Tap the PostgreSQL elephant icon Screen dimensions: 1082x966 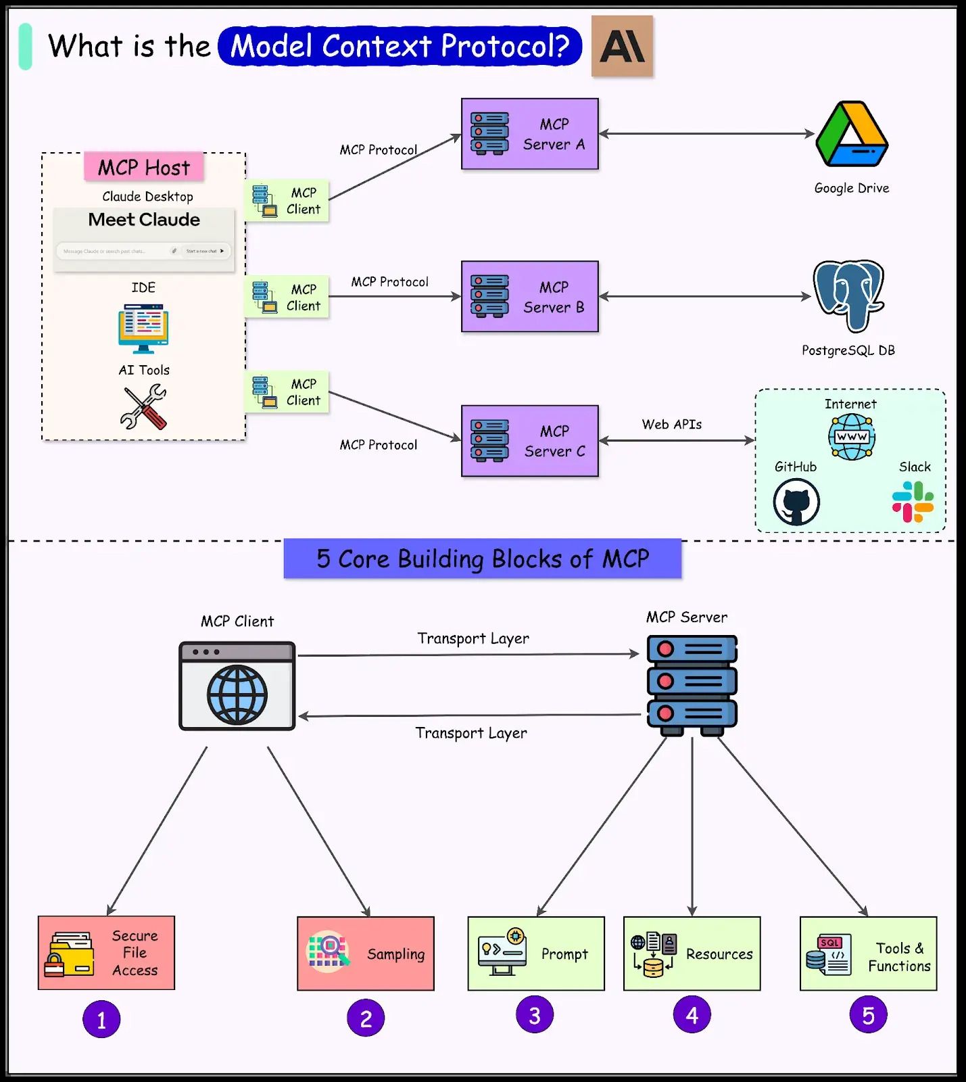point(848,296)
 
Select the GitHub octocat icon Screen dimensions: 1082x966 point(796,502)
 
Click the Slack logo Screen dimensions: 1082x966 point(913,502)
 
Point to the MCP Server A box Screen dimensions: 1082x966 point(529,134)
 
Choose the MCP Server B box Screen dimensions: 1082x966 point(529,296)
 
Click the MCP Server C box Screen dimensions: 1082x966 point(529,441)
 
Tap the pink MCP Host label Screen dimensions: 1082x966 point(144,167)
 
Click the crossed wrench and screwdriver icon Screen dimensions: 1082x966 point(143,407)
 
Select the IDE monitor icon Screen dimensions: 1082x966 point(143,328)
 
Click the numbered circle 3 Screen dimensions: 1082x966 point(534,1015)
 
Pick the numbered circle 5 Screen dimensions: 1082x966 point(868,1015)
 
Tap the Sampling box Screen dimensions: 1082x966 point(366,954)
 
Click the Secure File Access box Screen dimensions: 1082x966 point(106,953)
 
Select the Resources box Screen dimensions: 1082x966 point(692,954)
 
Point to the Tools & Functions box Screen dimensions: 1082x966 point(868,954)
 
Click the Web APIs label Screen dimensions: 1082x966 point(672,424)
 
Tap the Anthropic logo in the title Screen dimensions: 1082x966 point(622,46)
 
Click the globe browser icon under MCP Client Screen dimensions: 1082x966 point(237,686)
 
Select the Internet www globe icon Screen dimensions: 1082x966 point(851,436)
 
